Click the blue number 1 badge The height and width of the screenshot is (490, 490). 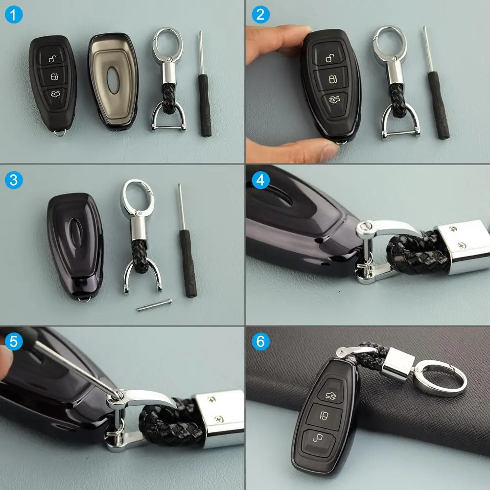[14, 14]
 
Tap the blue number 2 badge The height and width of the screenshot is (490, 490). [260, 14]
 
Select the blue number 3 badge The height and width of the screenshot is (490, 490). [14, 180]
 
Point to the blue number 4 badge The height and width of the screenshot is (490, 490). [260, 180]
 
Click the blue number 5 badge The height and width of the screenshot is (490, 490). [14, 341]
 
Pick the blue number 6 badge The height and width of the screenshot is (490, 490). [260, 341]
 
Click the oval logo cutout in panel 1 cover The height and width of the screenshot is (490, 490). [113, 80]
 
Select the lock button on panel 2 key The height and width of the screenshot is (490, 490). [332, 79]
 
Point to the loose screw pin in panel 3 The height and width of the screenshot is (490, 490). [154, 305]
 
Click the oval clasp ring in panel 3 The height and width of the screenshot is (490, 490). [138, 196]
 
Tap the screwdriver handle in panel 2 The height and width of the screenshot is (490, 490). [438, 105]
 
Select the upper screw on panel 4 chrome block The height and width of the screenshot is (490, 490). [453, 229]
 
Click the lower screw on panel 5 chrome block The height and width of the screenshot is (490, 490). [219, 419]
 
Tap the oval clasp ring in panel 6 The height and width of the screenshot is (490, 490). [440, 378]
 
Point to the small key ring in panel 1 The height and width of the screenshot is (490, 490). [60, 133]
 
